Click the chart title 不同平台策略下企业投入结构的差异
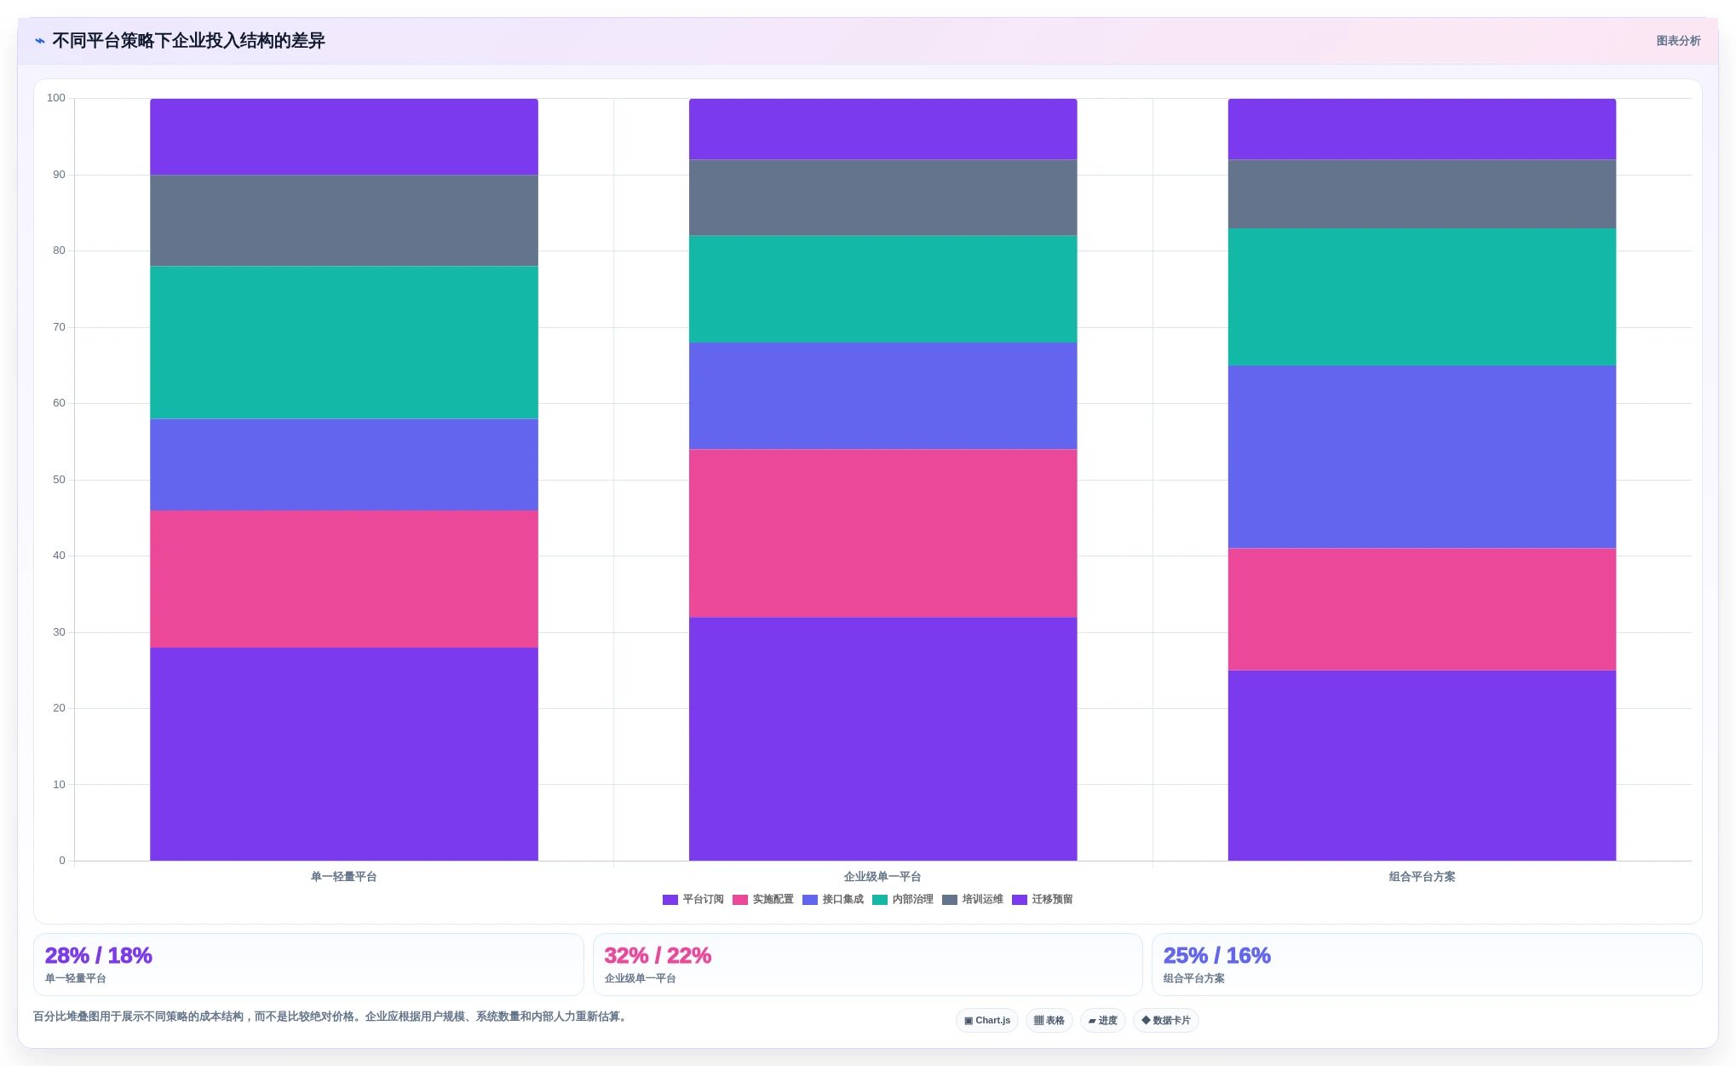tap(188, 41)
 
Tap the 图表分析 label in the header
tap(1678, 41)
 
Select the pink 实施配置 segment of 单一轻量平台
tap(344, 579)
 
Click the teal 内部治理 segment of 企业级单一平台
tap(882, 289)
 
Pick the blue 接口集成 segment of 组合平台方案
tap(1422, 457)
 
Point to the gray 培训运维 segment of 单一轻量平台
tap(344, 221)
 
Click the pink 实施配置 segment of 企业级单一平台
tap(882, 533)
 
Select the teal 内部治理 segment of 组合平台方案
tap(1422, 297)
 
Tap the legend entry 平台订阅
tap(693, 900)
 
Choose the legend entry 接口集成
tap(833, 900)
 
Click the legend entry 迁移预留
tap(1043, 900)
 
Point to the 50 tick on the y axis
tap(59, 480)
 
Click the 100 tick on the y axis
tap(56, 98)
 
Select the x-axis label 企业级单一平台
tap(882, 877)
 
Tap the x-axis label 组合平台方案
tap(1422, 877)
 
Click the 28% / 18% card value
tap(99, 955)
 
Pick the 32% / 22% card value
tap(658, 955)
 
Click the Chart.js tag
tap(987, 1021)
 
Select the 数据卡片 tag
tap(1166, 1021)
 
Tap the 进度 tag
tap(1103, 1021)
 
